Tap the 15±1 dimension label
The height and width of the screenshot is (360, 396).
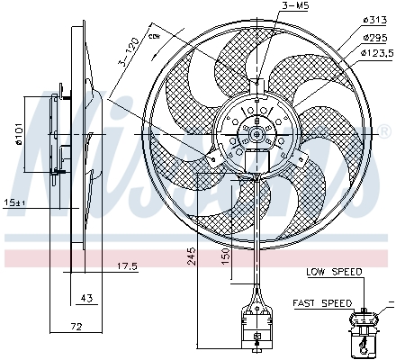coord(15,202)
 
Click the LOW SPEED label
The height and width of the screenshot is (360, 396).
coord(333,271)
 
